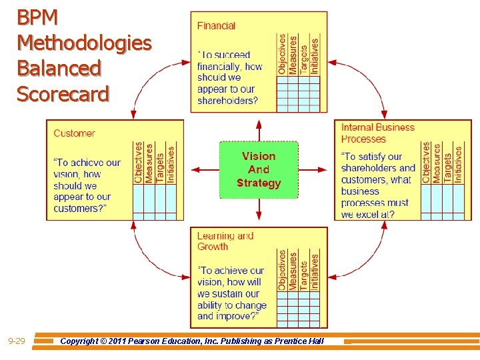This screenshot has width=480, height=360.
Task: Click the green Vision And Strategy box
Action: tap(259, 170)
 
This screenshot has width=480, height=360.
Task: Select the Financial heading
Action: tap(216, 26)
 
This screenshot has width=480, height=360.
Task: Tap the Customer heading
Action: tap(74, 133)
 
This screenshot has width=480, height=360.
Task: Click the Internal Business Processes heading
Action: tap(377, 133)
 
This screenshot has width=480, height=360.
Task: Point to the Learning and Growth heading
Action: tap(225, 241)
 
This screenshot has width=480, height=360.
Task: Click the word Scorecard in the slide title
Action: tap(63, 95)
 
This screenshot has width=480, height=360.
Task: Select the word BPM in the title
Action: tap(37, 17)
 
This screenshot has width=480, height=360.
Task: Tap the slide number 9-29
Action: tap(17, 341)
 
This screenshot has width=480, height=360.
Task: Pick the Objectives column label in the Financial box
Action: tap(282, 54)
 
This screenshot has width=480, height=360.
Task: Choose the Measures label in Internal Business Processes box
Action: tap(437, 163)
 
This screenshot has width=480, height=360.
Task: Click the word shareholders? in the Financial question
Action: tap(227, 101)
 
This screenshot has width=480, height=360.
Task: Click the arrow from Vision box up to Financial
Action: tap(259, 131)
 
